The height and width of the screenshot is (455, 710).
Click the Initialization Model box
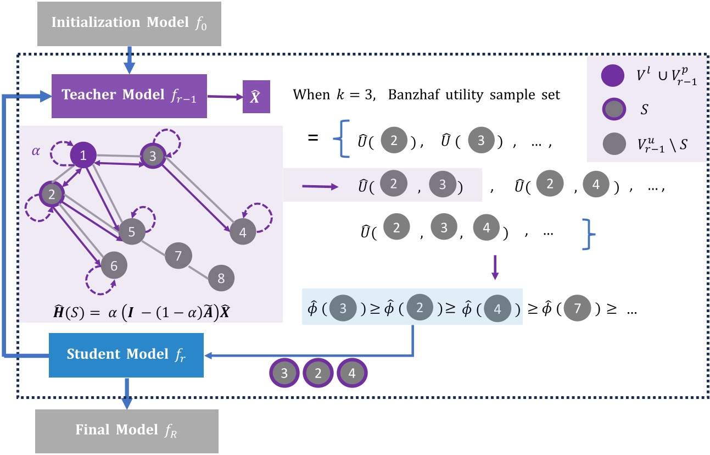coord(129,23)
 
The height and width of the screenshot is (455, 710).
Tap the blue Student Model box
coord(126,354)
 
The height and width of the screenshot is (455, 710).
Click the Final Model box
coord(127,430)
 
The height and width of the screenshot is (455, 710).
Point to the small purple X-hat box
coord(256,96)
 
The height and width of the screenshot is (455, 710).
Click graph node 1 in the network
coord(83,156)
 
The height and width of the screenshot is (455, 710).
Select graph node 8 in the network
coord(221,279)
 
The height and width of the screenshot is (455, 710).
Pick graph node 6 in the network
coord(114,266)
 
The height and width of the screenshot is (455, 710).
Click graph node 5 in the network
coord(132,232)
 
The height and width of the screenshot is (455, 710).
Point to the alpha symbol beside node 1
coord(36,152)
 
